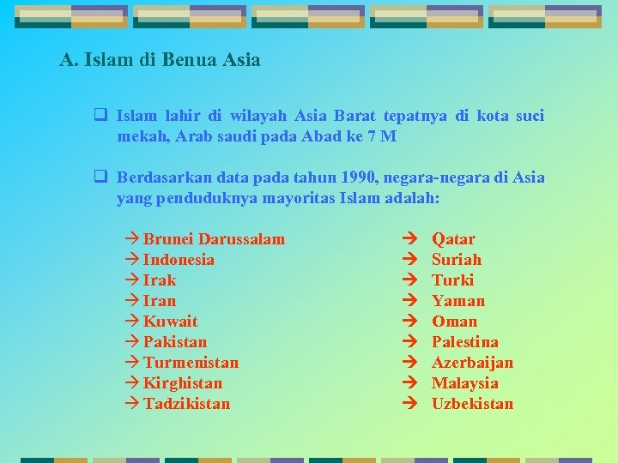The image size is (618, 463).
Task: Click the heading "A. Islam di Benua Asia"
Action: [160, 60]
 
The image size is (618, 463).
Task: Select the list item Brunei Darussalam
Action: [213, 239]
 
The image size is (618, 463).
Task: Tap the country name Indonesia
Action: [179, 260]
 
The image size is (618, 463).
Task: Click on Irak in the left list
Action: [160, 280]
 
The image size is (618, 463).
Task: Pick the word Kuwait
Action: [170, 322]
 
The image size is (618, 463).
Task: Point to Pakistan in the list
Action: [175, 342]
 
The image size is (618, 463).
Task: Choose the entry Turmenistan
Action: [191, 363]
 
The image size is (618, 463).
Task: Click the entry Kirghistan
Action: [182, 383]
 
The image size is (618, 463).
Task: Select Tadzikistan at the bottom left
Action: [186, 404]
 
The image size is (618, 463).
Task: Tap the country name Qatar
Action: [453, 239]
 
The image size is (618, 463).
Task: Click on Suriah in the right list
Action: [457, 260]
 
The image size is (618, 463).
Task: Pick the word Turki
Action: [452, 280]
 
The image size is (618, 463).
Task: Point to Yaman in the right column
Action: [458, 301]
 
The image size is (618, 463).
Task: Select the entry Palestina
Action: [464, 342]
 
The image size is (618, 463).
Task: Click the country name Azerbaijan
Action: [472, 363]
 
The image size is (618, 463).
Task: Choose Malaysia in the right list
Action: [464, 383]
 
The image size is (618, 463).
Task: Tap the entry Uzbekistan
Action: [472, 404]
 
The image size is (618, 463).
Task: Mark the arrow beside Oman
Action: [409, 322]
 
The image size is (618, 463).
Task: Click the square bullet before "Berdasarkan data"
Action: [100, 177]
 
